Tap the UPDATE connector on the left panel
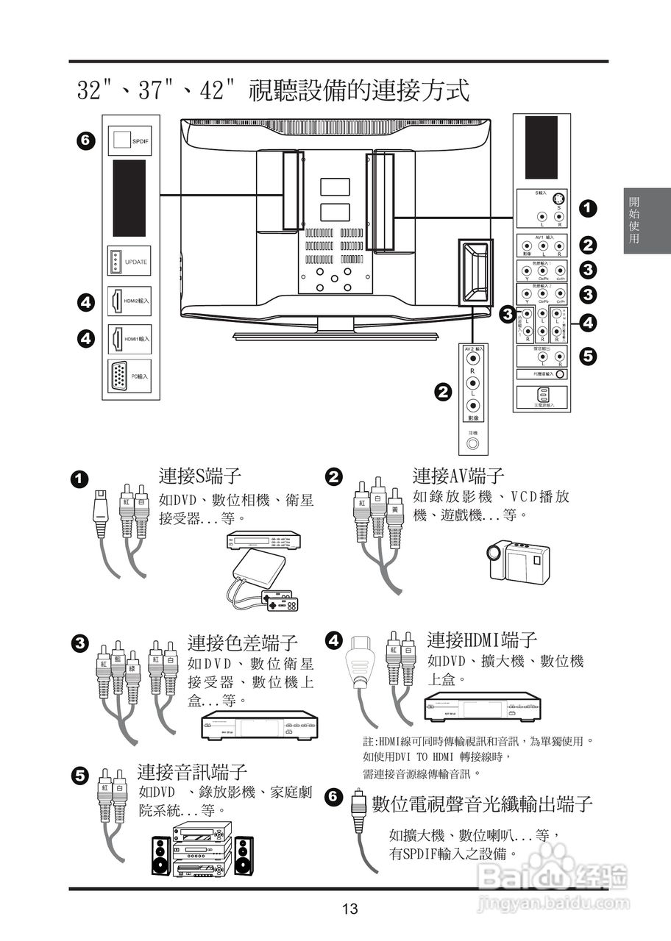(x=116, y=262)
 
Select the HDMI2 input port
(x=116, y=301)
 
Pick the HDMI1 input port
(x=116, y=339)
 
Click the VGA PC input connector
(x=118, y=376)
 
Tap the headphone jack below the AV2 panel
(x=472, y=443)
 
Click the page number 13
(x=349, y=909)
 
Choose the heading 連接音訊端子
(x=192, y=771)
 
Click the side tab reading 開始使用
(x=634, y=220)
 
